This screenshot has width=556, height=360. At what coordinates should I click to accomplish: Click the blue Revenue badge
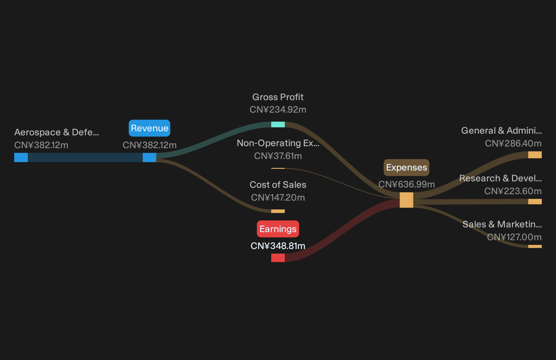149,128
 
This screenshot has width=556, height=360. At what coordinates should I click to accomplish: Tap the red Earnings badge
278,229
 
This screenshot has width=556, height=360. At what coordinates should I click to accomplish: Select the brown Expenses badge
407,167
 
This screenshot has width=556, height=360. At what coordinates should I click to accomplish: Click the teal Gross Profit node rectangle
278,124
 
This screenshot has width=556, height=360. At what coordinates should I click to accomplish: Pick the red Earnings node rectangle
278,258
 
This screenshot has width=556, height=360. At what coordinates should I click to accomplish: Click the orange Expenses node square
407,200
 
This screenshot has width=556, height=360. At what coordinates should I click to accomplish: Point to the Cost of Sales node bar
278,211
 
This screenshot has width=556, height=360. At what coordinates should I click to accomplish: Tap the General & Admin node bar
535,155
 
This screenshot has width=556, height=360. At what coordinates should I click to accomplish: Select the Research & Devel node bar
535,201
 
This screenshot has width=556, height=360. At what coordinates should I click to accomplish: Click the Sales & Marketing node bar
535,246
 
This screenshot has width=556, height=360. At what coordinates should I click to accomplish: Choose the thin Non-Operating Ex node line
278,168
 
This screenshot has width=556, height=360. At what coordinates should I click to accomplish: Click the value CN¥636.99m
407,184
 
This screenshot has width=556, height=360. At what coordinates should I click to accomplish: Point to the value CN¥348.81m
278,246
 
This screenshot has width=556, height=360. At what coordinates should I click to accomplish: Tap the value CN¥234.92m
278,109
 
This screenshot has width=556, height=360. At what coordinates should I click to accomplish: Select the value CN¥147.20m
278,198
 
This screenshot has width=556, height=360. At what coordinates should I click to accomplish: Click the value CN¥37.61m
278,156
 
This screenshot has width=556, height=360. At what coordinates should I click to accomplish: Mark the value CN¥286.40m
513,143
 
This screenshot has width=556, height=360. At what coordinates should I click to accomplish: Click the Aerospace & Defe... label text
57,132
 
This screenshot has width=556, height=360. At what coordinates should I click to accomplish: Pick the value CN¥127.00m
514,237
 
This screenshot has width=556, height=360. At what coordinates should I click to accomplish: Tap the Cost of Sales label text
278,185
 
